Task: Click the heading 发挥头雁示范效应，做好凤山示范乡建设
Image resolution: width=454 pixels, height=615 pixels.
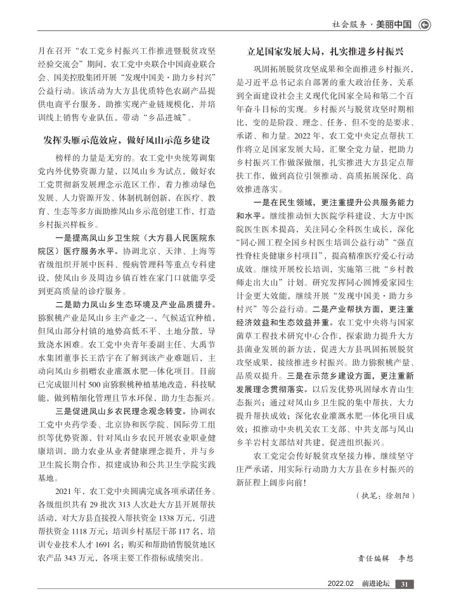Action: [x=126, y=138]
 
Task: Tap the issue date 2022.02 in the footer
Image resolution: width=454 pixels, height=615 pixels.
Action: [x=340, y=583]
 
